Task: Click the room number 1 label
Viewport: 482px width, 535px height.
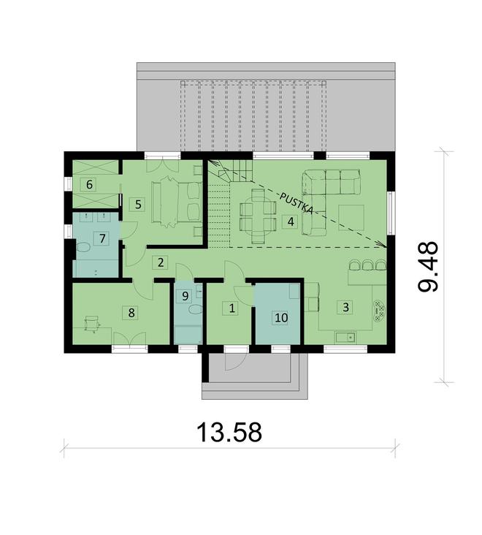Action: coord(232,308)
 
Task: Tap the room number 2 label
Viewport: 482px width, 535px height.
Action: coord(161,261)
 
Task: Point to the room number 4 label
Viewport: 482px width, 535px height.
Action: coord(290,221)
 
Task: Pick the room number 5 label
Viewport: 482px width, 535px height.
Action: coord(137,203)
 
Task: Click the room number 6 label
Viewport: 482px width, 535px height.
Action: coord(90,183)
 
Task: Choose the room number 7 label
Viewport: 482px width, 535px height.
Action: coord(103,238)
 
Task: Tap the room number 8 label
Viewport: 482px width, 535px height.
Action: coord(131,313)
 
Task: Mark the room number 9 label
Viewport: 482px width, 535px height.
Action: coord(185,295)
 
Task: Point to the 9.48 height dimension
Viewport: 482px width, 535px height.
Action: coord(428,267)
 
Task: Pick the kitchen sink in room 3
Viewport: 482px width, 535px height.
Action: coord(345,337)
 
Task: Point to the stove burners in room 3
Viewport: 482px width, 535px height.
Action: coord(379,312)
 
